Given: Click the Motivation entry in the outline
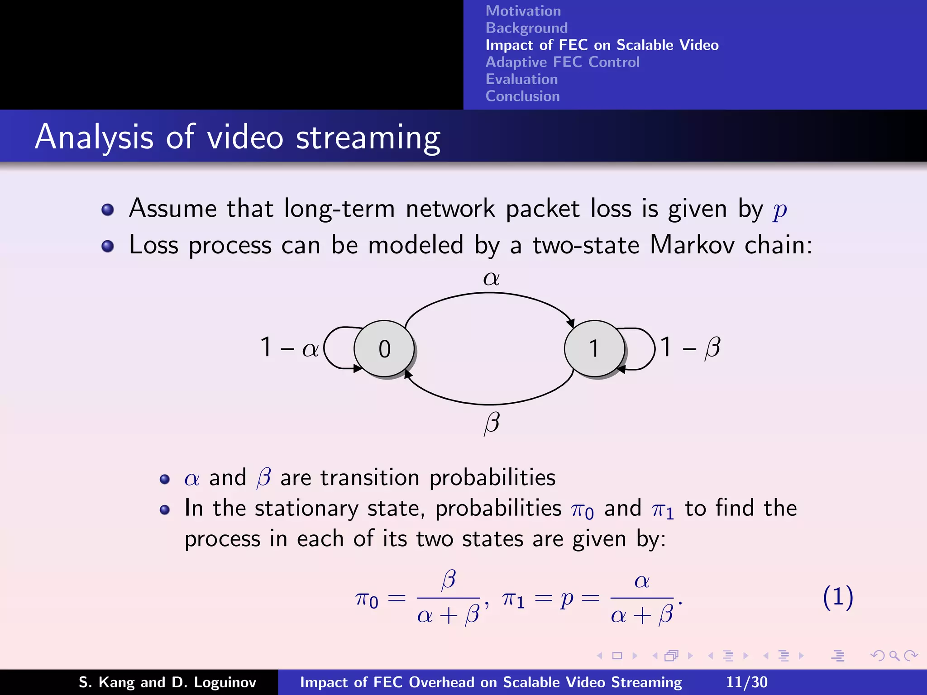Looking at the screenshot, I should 523,11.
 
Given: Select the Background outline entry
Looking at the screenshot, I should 526,28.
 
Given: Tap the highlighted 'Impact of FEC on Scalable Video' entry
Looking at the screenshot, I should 602,45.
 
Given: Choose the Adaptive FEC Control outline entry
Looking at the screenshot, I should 562,62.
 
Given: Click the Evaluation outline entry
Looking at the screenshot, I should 521,79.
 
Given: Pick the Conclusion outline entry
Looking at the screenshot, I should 522,96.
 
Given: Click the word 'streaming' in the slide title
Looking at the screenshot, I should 368,138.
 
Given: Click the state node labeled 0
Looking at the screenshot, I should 384,348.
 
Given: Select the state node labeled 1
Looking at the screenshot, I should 594,348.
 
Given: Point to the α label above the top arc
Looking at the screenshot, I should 491,278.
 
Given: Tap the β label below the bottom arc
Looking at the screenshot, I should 492,423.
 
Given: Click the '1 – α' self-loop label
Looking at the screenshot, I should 289,348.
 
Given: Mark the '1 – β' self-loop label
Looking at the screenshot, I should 690,348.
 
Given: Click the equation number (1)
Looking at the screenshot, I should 838,597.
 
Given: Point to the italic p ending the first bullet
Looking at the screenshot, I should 779,210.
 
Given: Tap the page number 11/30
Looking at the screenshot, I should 747,682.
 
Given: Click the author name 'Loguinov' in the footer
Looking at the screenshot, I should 225,682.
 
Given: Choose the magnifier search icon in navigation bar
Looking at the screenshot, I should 894,656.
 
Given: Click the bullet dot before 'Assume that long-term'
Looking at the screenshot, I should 108,209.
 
